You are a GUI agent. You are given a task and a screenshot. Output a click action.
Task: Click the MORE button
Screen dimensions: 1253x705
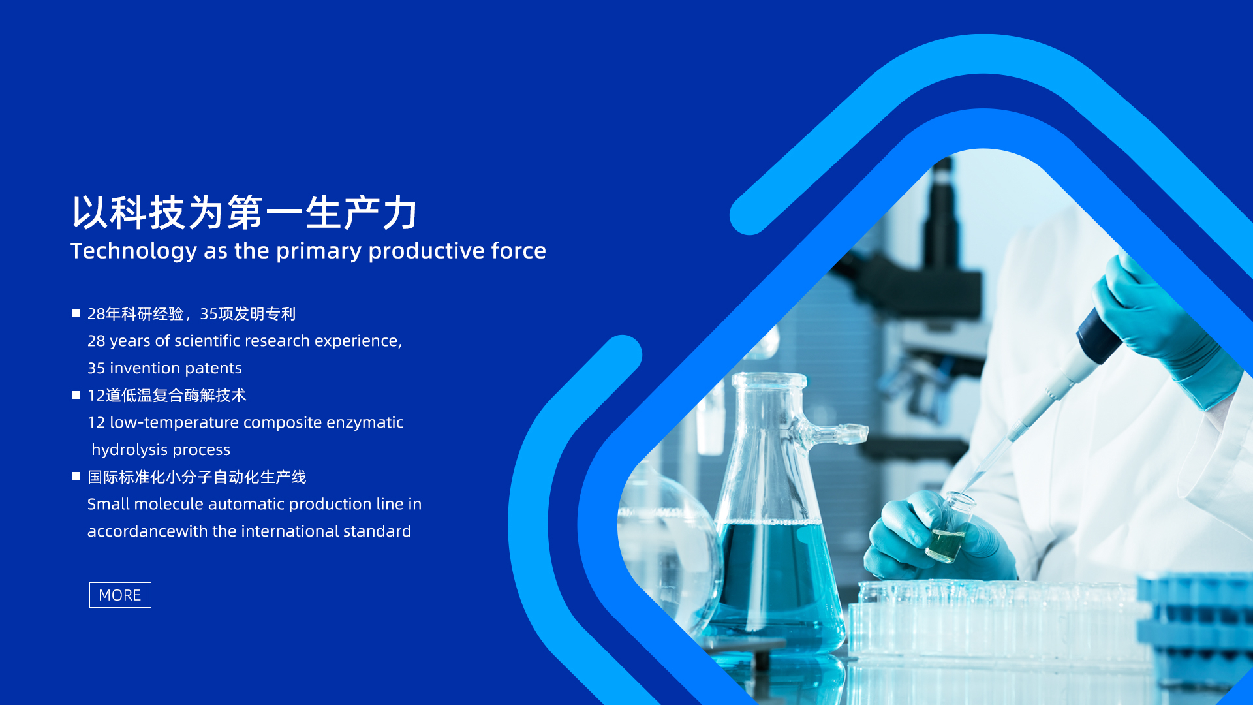pos(120,595)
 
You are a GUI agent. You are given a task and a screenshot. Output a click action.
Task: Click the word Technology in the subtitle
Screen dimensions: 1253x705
pos(134,251)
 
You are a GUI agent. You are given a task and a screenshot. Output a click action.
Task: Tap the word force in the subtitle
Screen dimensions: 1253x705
pos(518,251)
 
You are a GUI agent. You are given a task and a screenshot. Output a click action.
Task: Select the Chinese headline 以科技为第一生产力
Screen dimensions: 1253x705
pos(244,212)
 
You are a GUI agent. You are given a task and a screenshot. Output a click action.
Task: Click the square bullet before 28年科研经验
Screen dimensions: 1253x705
pos(76,313)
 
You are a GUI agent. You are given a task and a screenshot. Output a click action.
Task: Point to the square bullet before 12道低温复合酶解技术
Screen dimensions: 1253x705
pos(76,395)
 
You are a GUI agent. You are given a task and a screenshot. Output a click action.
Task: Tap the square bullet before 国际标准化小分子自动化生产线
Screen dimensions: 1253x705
pos(76,477)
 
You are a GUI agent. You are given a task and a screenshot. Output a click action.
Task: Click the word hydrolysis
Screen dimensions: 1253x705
pos(130,450)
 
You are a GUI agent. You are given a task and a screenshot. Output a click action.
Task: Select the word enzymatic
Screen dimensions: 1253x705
pos(365,423)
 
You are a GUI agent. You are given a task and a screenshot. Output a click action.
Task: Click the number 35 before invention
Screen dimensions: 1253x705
pos(96,368)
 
